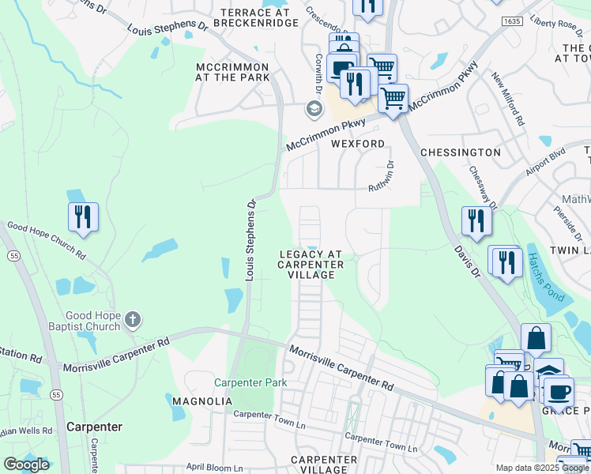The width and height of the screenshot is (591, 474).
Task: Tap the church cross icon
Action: click(133, 320)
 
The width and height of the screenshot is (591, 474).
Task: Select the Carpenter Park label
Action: click(250, 382)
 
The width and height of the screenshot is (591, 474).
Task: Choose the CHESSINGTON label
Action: click(461, 152)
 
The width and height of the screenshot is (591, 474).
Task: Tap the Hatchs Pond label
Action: click(546, 276)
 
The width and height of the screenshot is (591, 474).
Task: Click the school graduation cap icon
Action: click(314, 108)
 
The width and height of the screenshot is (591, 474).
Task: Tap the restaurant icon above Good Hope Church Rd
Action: click(83, 217)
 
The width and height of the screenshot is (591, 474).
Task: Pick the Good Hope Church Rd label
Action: click(46, 240)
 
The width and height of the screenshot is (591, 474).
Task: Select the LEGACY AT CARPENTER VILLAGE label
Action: click(311, 265)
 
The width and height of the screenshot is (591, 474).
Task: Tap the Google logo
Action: click(26, 465)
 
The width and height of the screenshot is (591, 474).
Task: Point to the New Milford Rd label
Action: click(508, 100)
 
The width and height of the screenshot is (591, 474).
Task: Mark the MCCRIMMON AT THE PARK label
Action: click(233, 72)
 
